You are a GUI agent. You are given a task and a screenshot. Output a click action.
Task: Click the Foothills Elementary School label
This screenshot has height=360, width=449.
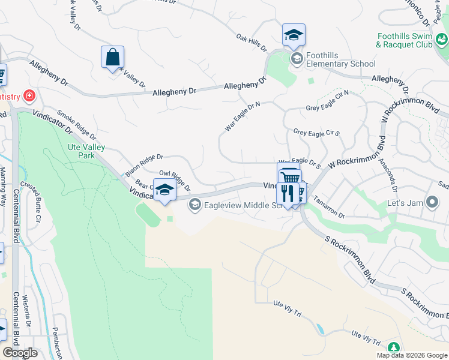340,59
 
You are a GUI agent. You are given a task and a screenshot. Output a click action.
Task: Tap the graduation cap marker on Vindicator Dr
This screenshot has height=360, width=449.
164,191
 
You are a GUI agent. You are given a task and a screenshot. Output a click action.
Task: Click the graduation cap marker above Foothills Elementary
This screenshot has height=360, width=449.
294,35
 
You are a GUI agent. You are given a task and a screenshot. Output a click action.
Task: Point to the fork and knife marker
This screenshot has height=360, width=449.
287,193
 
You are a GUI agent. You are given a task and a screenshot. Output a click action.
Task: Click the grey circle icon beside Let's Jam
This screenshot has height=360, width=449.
432,203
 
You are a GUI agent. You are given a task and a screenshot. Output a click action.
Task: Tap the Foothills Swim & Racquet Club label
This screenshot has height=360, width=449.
404,40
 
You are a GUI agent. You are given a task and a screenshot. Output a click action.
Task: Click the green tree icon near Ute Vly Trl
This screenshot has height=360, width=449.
394,347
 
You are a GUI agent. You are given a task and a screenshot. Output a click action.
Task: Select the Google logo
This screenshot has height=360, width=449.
20,353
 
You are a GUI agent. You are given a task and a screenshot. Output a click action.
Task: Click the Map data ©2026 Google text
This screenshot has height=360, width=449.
412,355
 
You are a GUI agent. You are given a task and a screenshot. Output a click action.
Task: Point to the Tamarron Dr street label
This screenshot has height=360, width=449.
330,210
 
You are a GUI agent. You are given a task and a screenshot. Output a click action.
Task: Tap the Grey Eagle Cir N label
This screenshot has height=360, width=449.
327,108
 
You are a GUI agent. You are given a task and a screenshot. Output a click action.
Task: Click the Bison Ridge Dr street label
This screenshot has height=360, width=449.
144,161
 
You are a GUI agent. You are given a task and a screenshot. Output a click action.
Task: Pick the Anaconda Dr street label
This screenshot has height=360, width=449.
394,178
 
